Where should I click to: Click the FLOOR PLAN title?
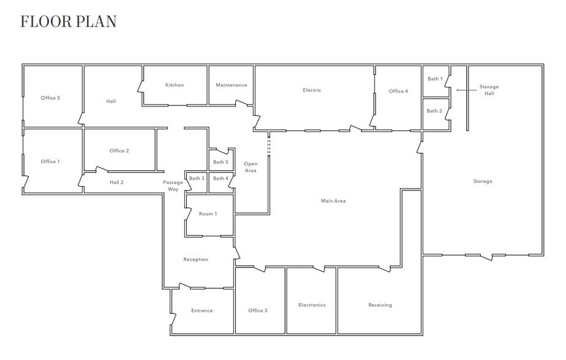tap(68, 21)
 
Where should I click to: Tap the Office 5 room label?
tap(50, 98)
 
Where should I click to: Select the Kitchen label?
tap(175, 84)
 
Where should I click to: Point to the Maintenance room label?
tap(232, 84)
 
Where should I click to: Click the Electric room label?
tap(312, 90)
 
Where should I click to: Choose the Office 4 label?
tap(399, 91)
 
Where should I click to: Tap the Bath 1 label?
tap(435, 78)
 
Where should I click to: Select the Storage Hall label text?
tap(489, 90)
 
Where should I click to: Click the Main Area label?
tap(333, 201)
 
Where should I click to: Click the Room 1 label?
tap(208, 214)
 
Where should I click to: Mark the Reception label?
tap(195, 259)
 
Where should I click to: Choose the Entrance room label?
tap(202, 310)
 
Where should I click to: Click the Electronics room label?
tap(312, 305)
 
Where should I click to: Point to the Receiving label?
tap(380, 305)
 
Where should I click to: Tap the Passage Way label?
tap(173, 186)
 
